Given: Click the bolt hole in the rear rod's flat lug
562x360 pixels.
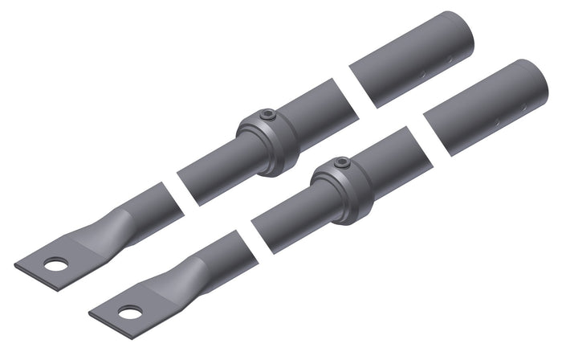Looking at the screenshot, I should [x=55, y=263].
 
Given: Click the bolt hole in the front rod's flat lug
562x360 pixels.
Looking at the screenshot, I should [x=130, y=311].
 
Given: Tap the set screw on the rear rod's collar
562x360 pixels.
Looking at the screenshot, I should [x=268, y=116].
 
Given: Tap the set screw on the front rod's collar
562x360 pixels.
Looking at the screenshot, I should [x=342, y=163].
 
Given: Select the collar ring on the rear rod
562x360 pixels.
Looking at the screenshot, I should [x=269, y=141].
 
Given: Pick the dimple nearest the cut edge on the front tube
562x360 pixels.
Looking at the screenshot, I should [x=496, y=122].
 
